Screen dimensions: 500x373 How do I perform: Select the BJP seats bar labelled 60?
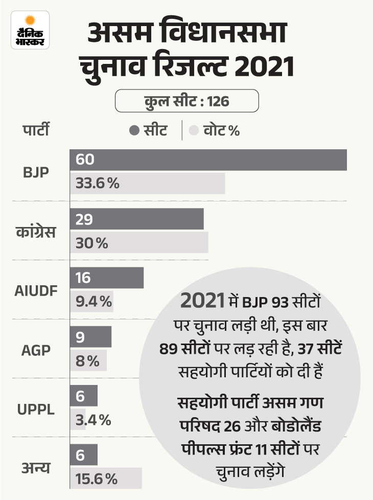point(208,160)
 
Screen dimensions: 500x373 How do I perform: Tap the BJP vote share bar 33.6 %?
point(147,184)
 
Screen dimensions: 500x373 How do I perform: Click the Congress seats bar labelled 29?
point(136,219)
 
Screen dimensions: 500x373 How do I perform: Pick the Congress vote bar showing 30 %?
point(139,243)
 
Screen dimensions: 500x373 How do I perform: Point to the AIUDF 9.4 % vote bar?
point(91,302)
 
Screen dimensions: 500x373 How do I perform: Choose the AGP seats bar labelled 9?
point(90,337)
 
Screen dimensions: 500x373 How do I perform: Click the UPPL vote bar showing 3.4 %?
point(78,420)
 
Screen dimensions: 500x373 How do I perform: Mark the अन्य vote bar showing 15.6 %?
point(105,479)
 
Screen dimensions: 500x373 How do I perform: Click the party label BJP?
point(36,172)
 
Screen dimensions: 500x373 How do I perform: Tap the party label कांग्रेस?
point(35,232)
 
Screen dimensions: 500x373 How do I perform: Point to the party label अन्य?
point(35,467)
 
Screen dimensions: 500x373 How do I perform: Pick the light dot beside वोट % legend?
point(194,130)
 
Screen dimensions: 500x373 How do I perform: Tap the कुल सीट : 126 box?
point(186,101)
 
